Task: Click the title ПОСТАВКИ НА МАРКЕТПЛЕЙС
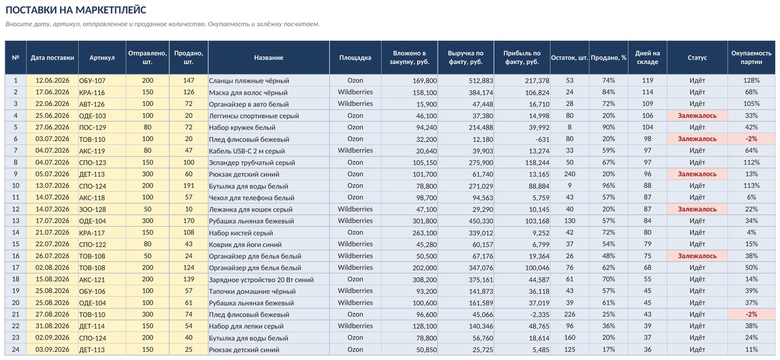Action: pyautogui.click(x=76, y=10)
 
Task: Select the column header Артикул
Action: pyautogui.click(x=102, y=58)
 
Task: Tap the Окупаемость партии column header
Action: pyautogui.click(x=751, y=58)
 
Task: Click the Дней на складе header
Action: pyautogui.click(x=647, y=58)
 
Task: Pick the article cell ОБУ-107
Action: pyautogui.click(x=92, y=81)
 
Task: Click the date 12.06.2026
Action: pyautogui.click(x=52, y=81)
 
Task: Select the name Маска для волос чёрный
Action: pyautogui.click(x=248, y=93)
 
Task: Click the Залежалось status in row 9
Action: pyautogui.click(x=697, y=174)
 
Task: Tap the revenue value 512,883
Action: pyautogui.click(x=481, y=81)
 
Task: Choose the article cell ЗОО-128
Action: pyautogui.click(x=92, y=210)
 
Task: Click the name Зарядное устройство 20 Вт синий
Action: pyautogui.click(x=261, y=280)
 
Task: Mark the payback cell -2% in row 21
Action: pyautogui.click(x=751, y=315)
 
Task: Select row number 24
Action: pyautogui.click(x=16, y=350)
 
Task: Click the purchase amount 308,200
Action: pyautogui.click(x=425, y=279)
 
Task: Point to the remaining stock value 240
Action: pyautogui.click(x=569, y=174)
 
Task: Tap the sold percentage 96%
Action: pyautogui.click(x=608, y=186)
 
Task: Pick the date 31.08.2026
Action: pyautogui.click(x=52, y=326)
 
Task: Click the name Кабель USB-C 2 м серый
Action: pyautogui.click(x=247, y=151)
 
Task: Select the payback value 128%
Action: pyautogui.click(x=751, y=81)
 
